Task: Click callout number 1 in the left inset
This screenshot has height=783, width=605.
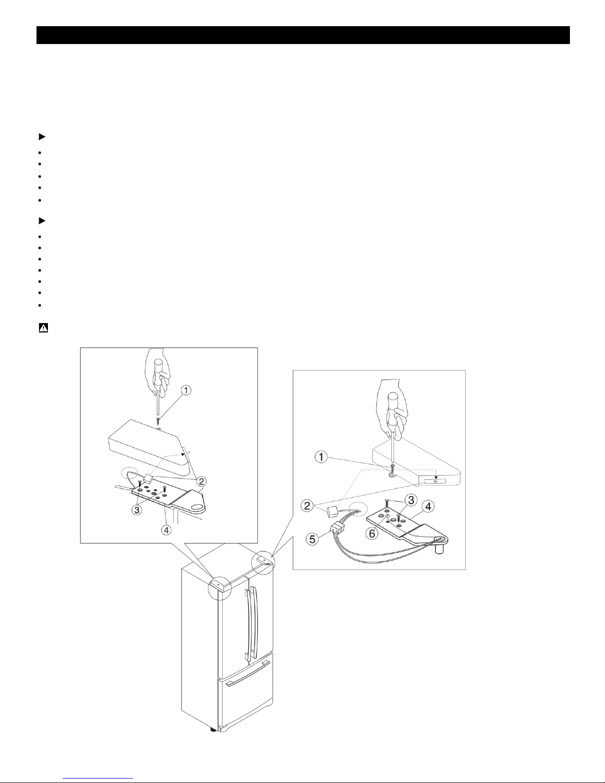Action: tap(186, 390)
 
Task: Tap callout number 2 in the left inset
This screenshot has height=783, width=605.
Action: tap(202, 481)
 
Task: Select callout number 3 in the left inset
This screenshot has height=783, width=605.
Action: tap(137, 510)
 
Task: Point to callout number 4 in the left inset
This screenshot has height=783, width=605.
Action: tap(166, 530)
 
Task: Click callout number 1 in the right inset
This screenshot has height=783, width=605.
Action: tap(321, 457)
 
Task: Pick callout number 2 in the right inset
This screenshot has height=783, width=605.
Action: tap(307, 506)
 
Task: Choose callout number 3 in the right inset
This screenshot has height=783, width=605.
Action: tap(411, 500)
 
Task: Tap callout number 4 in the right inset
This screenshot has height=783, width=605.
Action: tap(428, 506)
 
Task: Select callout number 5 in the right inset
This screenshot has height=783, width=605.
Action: tap(312, 539)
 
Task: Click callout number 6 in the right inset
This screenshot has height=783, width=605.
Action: tap(372, 534)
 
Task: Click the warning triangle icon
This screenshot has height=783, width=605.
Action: tap(43, 328)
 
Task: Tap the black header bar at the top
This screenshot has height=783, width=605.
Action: tap(303, 35)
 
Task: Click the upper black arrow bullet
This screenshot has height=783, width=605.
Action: tap(42, 137)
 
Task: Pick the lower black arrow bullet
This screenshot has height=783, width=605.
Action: tap(42, 221)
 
